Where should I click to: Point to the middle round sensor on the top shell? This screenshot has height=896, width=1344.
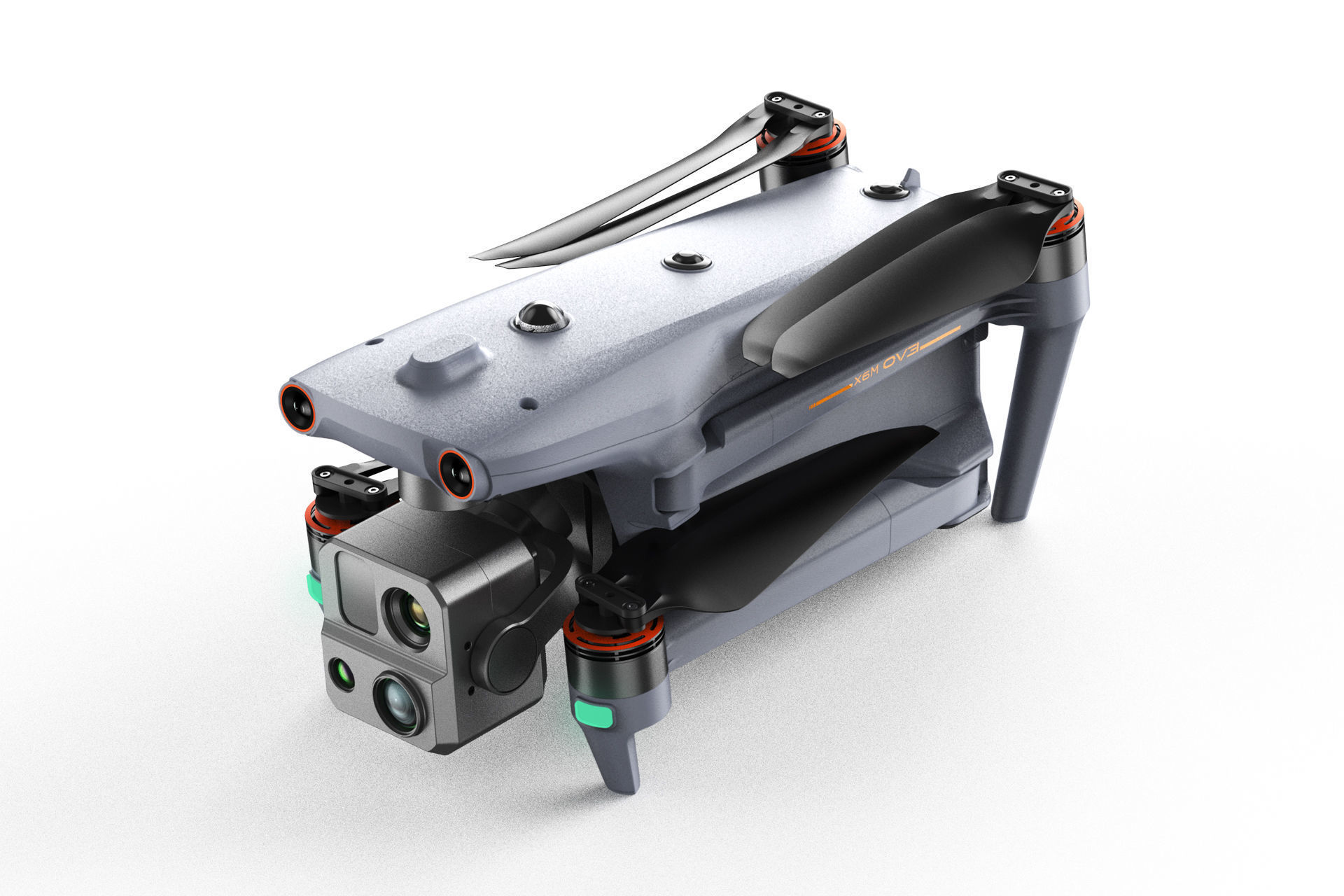coord(687,262)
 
